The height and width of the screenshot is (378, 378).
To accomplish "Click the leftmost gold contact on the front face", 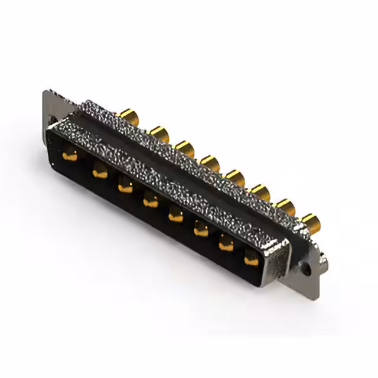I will tap(70, 157).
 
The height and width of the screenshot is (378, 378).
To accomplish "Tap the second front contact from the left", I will tap(100, 172).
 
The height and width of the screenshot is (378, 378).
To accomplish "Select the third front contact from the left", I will tap(125, 188).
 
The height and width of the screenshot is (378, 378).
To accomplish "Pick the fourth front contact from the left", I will tap(151, 202).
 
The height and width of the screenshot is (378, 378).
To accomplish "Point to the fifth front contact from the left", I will tap(175, 216).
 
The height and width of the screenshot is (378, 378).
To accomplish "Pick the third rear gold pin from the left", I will tap(185, 148).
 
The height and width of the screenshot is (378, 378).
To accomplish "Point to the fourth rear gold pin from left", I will tap(210, 162).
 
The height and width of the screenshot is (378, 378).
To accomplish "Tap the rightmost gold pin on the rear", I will tap(309, 223).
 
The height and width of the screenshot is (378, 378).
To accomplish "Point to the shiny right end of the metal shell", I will tap(278, 260).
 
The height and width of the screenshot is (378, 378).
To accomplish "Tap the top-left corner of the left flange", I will tap(46, 92).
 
